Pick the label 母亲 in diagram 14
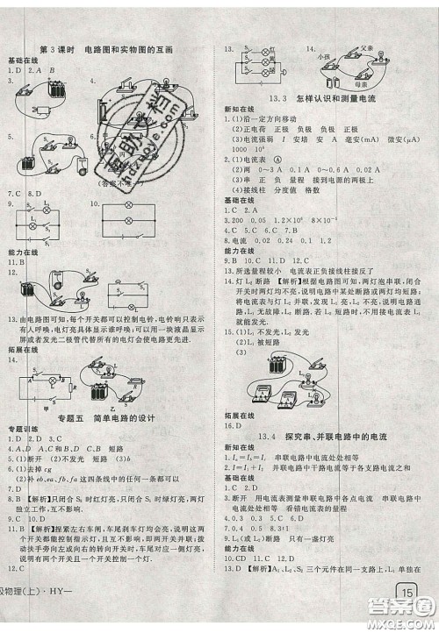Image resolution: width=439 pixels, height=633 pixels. (x=360, y=88)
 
